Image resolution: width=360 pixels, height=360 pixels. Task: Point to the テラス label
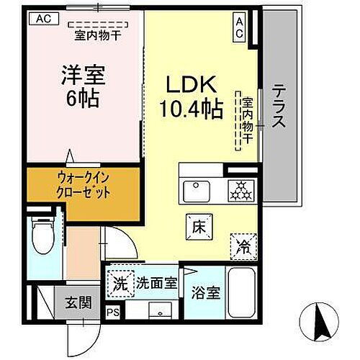click(x=279, y=107)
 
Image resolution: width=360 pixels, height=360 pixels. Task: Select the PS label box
click(x=113, y=312)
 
